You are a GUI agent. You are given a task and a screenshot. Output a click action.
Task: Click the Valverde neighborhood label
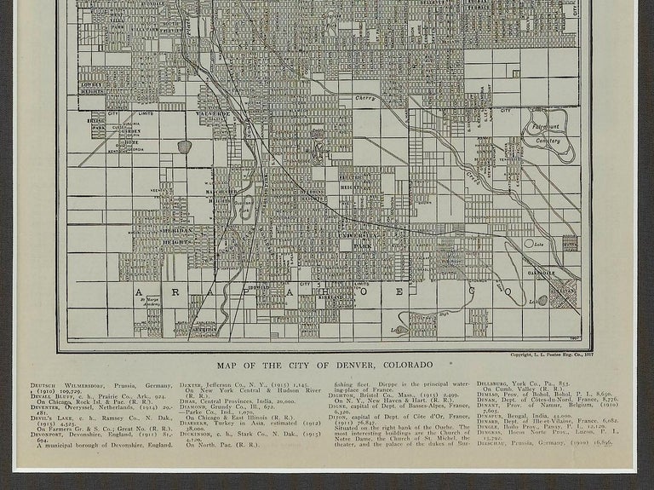(211, 114)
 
